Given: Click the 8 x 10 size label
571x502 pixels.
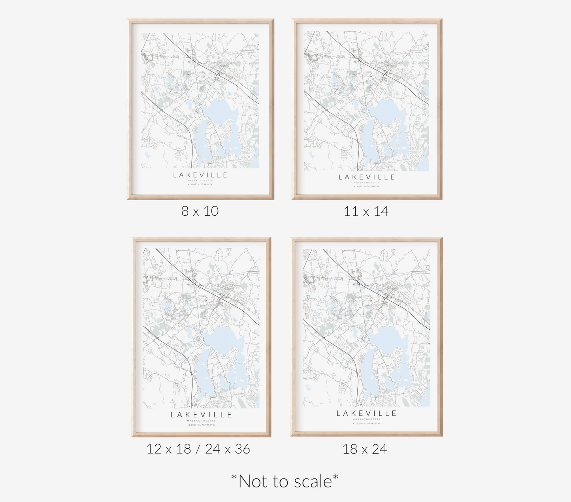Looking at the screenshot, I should coord(200,211).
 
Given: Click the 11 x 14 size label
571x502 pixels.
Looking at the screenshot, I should coord(366,211).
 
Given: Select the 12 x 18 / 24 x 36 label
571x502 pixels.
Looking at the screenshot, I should coord(198,449).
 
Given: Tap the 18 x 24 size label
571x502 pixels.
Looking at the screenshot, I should coord(365,449).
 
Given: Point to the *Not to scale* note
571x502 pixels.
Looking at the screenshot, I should coord(285,481).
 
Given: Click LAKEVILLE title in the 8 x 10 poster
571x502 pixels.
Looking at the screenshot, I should coord(200,175).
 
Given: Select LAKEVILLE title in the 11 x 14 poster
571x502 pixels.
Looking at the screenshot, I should coord(366,177).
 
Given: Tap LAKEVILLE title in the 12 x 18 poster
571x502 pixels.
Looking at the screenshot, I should coord(201,415).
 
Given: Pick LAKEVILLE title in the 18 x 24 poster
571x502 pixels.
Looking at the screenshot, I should coord(366,414).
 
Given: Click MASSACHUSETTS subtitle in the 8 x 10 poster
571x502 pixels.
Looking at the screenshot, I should coord(200,180).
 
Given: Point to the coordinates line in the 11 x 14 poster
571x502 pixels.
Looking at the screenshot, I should coord(366,186).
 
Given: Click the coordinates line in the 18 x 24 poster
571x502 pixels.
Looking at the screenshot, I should coord(366,423).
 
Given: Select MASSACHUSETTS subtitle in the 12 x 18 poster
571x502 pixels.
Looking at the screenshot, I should coord(201,421).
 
